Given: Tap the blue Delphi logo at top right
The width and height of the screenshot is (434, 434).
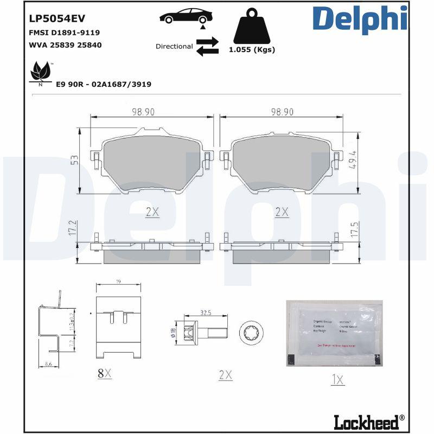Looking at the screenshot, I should [x=360, y=20].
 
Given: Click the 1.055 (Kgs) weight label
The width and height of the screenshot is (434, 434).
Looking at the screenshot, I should [x=252, y=49].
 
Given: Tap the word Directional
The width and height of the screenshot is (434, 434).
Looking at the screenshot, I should [x=174, y=47].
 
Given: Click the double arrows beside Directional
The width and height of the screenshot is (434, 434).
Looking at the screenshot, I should [x=207, y=47].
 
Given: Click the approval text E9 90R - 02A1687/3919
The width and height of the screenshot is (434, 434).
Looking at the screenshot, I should [x=104, y=84].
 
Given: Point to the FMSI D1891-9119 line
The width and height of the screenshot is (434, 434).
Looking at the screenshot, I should [x=64, y=33].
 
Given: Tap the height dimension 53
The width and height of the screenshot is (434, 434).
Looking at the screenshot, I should [x=74, y=159].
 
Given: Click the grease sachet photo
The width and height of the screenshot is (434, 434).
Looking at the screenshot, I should [x=334, y=333].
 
